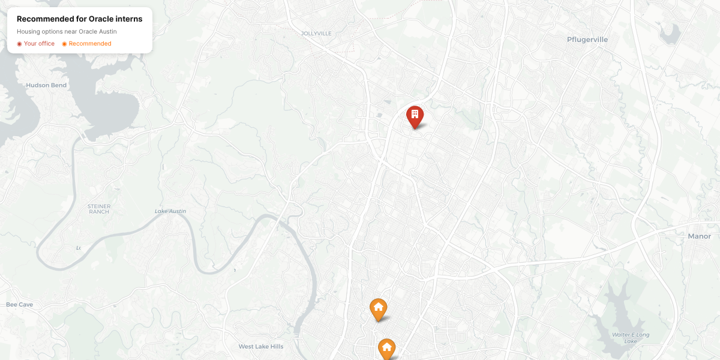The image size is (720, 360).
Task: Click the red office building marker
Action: click(415, 115)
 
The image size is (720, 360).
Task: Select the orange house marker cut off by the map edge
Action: click(386, 349)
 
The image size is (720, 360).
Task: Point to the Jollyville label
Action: click(316, 34)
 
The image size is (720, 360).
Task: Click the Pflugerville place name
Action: click(587, 40)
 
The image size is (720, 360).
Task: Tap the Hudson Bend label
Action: click(46, 85)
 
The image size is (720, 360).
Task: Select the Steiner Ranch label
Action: click(99, 209)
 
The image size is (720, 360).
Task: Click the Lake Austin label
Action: click(170, 211)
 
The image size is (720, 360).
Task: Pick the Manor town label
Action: click(699, 236)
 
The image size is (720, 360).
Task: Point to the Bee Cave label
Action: click(19, 305)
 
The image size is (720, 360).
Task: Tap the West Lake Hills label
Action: click(260, 346)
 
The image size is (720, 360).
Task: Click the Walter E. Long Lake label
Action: click(630, 338)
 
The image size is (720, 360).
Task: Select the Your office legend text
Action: click(39, 44)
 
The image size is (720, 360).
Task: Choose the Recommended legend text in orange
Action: click(90, 44)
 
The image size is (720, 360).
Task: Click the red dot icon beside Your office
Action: click(19, 44)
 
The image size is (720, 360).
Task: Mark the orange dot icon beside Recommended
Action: click(64, 44)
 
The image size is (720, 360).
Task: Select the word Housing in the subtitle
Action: click(28, 31)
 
